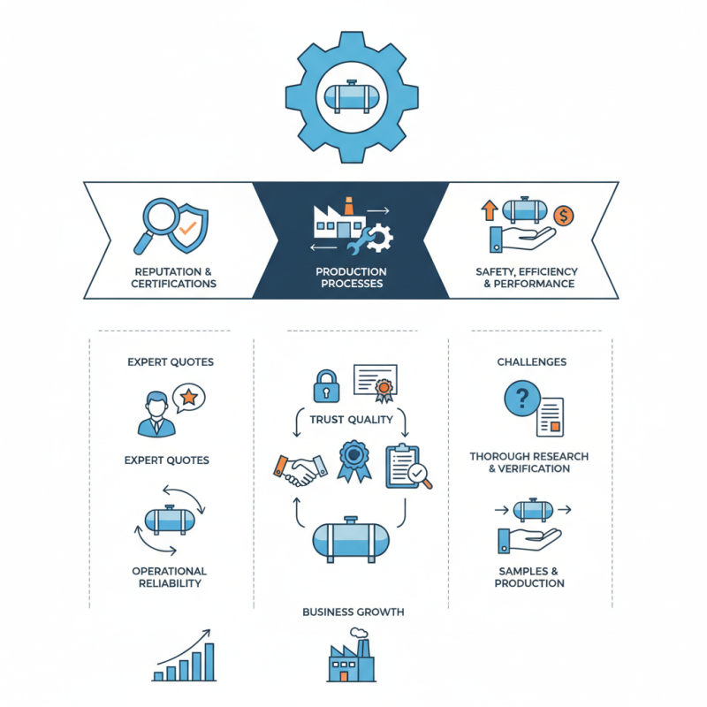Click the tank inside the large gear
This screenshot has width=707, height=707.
pyautogui.click(x=352, y=96)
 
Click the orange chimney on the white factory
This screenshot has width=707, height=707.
pyautogui.click(x=348, y=206)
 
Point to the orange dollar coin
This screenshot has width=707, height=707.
pyautogui.click(x=564, y=216)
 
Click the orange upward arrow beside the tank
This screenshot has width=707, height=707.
pyautogui.click(x=490, y=210)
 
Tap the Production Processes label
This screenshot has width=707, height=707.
pyautogui.click(x=351, y=277)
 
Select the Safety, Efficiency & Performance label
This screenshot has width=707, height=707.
pyautogui.click(x=527, y=277)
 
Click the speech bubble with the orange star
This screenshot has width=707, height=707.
pyautogui.click(x=189, y=398)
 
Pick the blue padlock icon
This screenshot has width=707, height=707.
pyautogui.click(x=326, y=386)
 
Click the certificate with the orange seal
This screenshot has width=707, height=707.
pyautogui.click(x=376, y=384)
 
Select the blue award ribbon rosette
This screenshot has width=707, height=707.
pyautogui.click(x=354, y=460)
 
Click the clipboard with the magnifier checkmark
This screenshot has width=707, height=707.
pyautogui.click(x=408, y=468)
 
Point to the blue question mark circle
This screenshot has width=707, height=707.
pyautogui.click(x=522, y=399)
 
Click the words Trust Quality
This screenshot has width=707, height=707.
pyautogui.click(x=351, y=420)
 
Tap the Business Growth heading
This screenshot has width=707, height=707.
pyautogui.click(x=353, y=612)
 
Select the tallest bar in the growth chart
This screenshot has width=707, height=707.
pyautogui.click(x=209, y=661)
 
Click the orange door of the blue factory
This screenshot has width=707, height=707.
pyautogui.click(x=344, y=676)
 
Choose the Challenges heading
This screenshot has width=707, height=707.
pyautogui.click(x=532, y=362)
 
